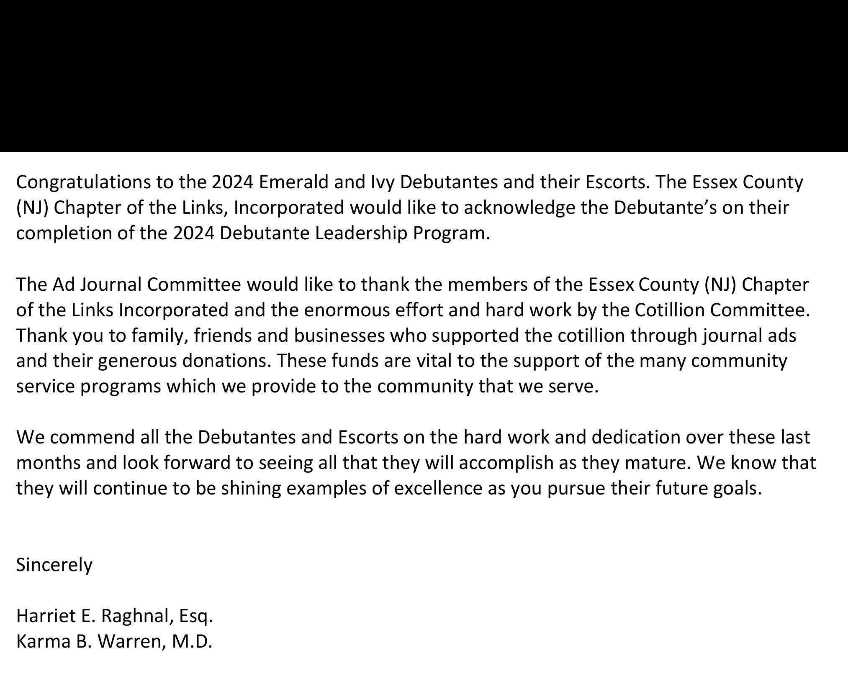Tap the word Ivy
click(x=380, y=182)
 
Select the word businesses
click(x=339, y=336)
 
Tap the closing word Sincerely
click(x=54, y=565)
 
